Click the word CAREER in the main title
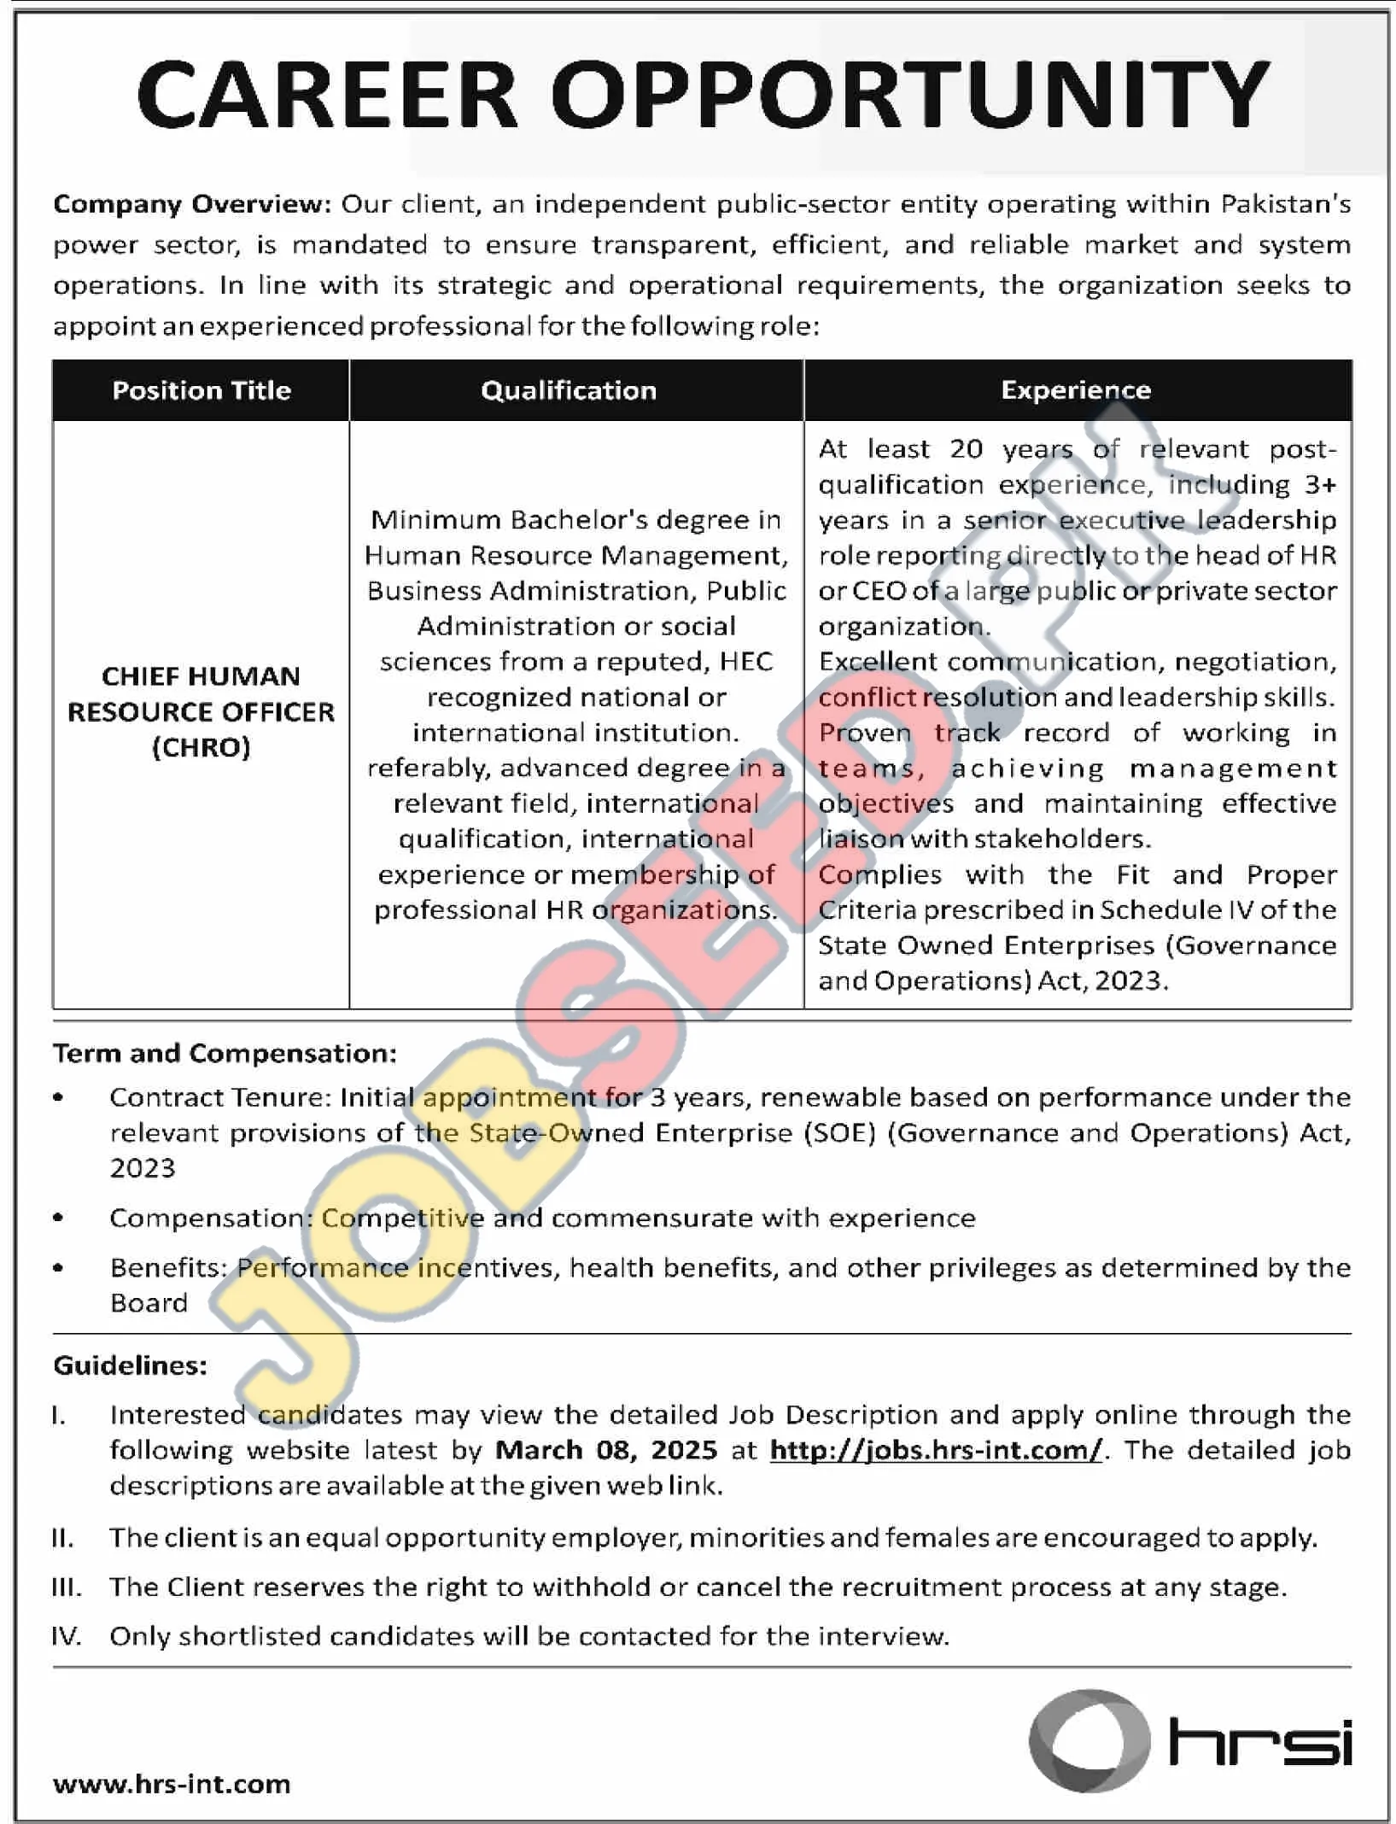pos(328,95)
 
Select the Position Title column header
pos(202,390)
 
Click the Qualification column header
pos(569,390)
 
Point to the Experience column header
pos(1076,390)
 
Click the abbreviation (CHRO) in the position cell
pos(202,747)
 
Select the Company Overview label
pos(191,204)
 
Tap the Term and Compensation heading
pos(225,1053)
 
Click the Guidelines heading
pos(130,1365)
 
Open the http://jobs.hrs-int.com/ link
pos(936,1450)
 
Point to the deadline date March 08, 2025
pos(606,1450)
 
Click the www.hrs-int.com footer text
pos(172,1783)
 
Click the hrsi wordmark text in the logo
pos(1260,1742)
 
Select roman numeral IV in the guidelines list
pos(66,1636)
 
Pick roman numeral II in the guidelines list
pos(62,1538)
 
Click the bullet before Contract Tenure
pos(58,1097)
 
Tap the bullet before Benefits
pos(58,1268)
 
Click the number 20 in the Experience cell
pos(966,449)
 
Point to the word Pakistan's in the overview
pos(1285,204)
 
